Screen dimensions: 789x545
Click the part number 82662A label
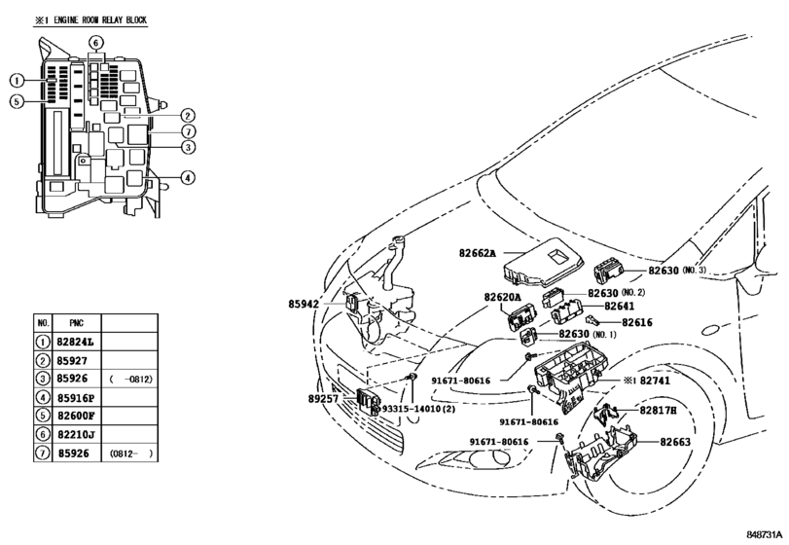[x=477, y=253]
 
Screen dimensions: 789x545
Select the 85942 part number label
[x=304, y=304]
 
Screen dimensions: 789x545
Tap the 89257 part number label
[x=323, y=399]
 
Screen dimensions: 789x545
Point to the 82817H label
[x=659, y=410]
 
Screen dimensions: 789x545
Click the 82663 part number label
[x=675, y=442]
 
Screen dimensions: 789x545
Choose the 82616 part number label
[x=637, y=322]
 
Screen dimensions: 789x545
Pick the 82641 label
[x=620, y=306]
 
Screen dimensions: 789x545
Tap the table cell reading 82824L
[x=76, y=343]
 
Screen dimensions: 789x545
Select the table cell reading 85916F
[x=76, y=398]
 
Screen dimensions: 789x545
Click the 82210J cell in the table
[x=76, y=434]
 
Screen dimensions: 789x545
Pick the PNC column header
[x=77, y=323]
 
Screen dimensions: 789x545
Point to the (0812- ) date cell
[x=130, y=454]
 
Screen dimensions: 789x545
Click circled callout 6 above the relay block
[x=96, y=42]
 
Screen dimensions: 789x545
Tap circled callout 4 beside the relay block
[x=188, y=178]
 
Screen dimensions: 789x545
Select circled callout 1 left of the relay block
[x=17, y=81]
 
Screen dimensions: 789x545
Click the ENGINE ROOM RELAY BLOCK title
[x=90, y=20]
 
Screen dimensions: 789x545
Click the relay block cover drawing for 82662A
[x=544, y=263]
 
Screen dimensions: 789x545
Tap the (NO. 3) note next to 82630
[x=695, y=271]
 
